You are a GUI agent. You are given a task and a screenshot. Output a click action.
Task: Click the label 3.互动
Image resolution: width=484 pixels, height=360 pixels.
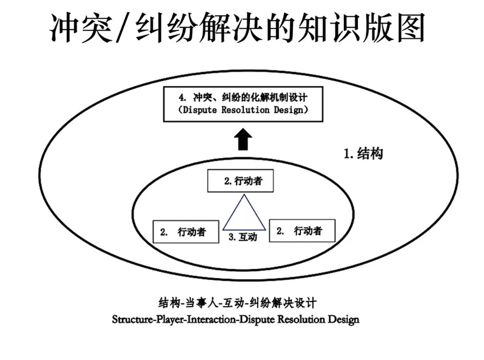243,237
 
